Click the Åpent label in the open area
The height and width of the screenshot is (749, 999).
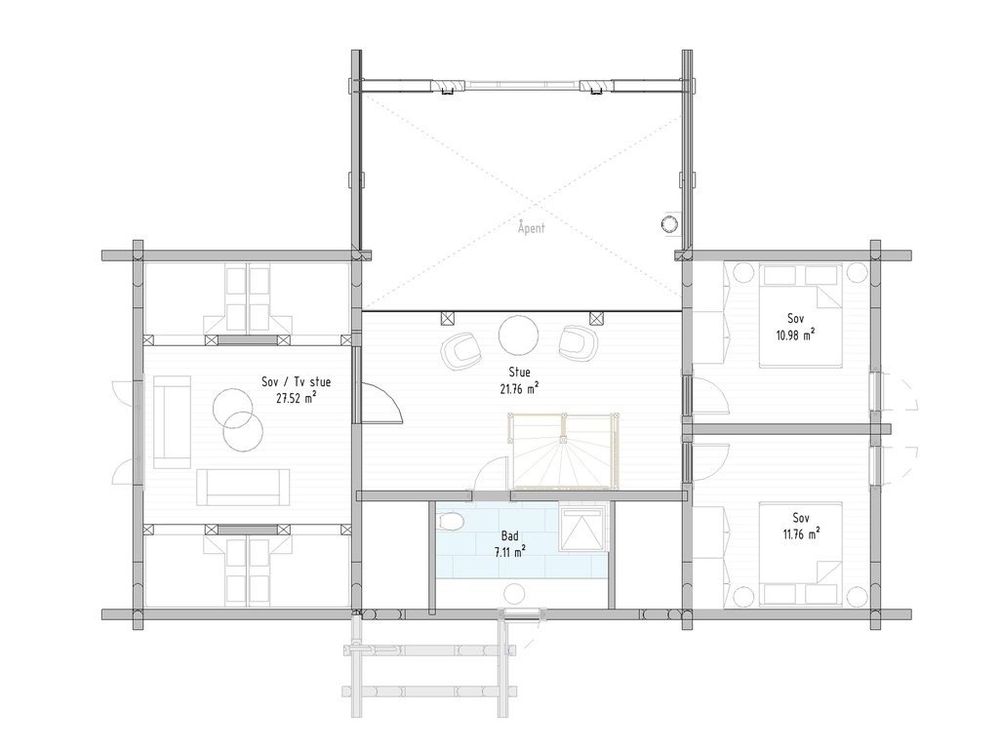[532, 228]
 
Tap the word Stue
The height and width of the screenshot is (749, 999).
[519, 372]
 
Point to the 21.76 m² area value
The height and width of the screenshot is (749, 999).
[519, 387]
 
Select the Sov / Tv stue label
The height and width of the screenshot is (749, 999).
[289, 381]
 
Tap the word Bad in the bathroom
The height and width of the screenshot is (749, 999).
[509, 536]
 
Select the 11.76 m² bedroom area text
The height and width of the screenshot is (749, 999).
[800, 532]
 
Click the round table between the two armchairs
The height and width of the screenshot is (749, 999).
[518, 336]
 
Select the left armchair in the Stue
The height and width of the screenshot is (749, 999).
[460, 349]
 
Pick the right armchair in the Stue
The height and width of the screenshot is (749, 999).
[578, 342]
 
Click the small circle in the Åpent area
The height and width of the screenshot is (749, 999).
[670, 223]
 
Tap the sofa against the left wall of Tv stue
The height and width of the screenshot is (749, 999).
[172, 421]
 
